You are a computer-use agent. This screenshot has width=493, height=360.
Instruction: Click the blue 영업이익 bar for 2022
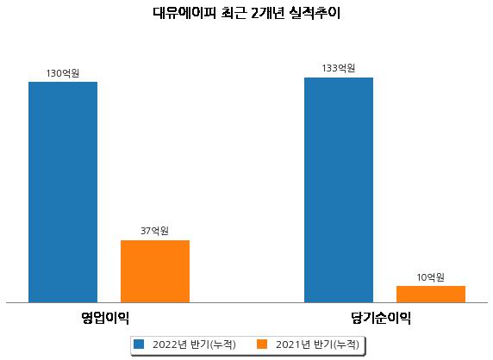click(63, 192)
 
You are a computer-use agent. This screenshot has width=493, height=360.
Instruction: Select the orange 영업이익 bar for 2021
click(155, 271)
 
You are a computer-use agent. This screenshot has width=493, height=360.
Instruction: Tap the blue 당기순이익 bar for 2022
click(339, 190)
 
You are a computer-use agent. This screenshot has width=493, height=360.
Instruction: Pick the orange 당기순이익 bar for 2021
click(431, 295)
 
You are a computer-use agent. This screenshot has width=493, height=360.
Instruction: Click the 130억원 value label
click(63, 73)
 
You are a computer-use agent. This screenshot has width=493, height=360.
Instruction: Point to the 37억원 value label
click(154, 231)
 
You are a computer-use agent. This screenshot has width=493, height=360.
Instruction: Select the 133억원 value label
click(339, 68)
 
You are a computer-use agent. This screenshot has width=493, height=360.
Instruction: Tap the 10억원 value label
click(430, 277)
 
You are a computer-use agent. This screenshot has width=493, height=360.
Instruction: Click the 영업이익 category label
click(105, 318)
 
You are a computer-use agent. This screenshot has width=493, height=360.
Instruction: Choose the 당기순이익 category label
click(381, 318)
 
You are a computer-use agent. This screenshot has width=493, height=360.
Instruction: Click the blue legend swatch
click(139, 344)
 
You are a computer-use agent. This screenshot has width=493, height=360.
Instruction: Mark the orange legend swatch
click(262, 344)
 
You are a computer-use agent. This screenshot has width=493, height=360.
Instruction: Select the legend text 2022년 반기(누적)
click(194, 344)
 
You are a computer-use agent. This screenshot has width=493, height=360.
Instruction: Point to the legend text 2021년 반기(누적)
click(317, 344)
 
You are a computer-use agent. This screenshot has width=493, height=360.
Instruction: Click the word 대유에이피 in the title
click(184, 13)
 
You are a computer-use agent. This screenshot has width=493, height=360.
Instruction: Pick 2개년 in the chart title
click(268, 13)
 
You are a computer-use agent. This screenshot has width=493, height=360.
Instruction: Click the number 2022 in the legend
click(165, 344)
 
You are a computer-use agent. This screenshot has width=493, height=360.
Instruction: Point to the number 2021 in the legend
click(288, 344)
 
